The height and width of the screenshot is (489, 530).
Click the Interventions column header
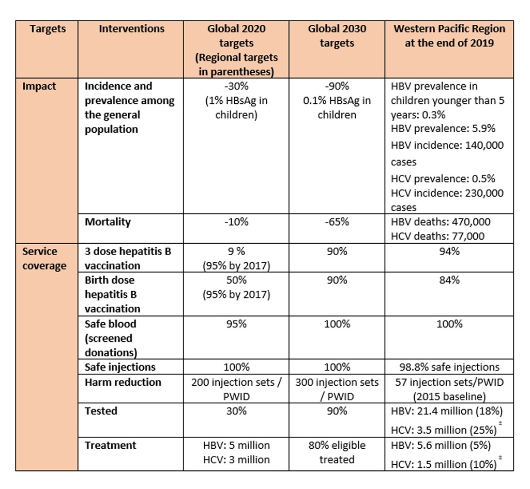coord(131,29)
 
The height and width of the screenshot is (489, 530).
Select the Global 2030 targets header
coord(337,36)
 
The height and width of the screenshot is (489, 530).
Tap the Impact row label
coord(39,86)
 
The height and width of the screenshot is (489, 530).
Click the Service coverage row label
coord(44,259)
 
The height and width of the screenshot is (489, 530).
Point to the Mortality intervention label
coord(108,222)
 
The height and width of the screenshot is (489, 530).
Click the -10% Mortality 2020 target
coord(236,222)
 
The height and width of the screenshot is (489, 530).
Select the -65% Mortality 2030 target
coord(337,222)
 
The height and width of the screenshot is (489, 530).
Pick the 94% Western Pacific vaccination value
coord(449,251)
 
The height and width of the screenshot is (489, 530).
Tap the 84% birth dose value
coord(449,280)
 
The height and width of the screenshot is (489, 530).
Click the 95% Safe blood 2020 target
coord(236,324)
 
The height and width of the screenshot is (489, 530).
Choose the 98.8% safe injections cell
coord(449,367)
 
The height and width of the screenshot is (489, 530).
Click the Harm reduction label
coord(123,383)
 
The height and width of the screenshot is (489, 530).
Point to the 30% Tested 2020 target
coord(236,411)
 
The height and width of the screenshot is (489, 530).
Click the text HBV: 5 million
coord(236,445)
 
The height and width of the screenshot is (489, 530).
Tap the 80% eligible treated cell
coord(337,452)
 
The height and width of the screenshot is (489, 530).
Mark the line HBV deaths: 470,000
coord(441,222)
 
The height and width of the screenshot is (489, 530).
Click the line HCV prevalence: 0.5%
coord(443,179)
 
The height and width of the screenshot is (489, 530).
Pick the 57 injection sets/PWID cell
coord(449,390)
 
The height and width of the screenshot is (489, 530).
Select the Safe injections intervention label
coord(120,367)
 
